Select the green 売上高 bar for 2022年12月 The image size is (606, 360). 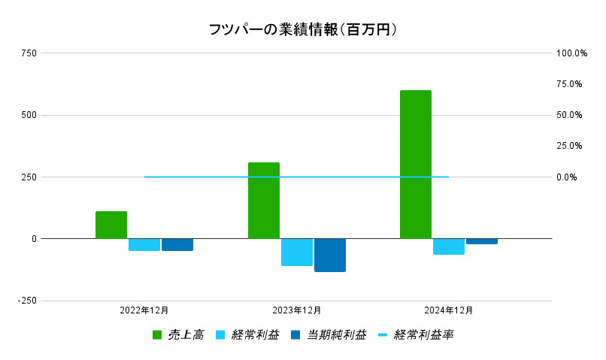tap(111, 225)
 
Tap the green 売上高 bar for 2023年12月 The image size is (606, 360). tap(263, 200)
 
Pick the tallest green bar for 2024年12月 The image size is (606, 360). tap(415, 164)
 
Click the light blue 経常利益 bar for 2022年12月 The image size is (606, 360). tap(144, 244)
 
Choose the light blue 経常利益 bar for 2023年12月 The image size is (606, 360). tap(296, 252)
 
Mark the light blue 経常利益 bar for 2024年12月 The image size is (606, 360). tap(448, 247)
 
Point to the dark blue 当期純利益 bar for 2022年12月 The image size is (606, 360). tap(177, 244)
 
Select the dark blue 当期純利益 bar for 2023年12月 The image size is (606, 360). tap(329, 255)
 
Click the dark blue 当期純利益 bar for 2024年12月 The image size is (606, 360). tap(481, 241)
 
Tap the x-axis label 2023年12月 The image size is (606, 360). tap(296, 310)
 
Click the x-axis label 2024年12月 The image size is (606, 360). tap(448, 310)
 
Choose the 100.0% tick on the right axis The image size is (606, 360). tap(571, 53)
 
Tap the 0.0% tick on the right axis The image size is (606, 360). tap(566, 177)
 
